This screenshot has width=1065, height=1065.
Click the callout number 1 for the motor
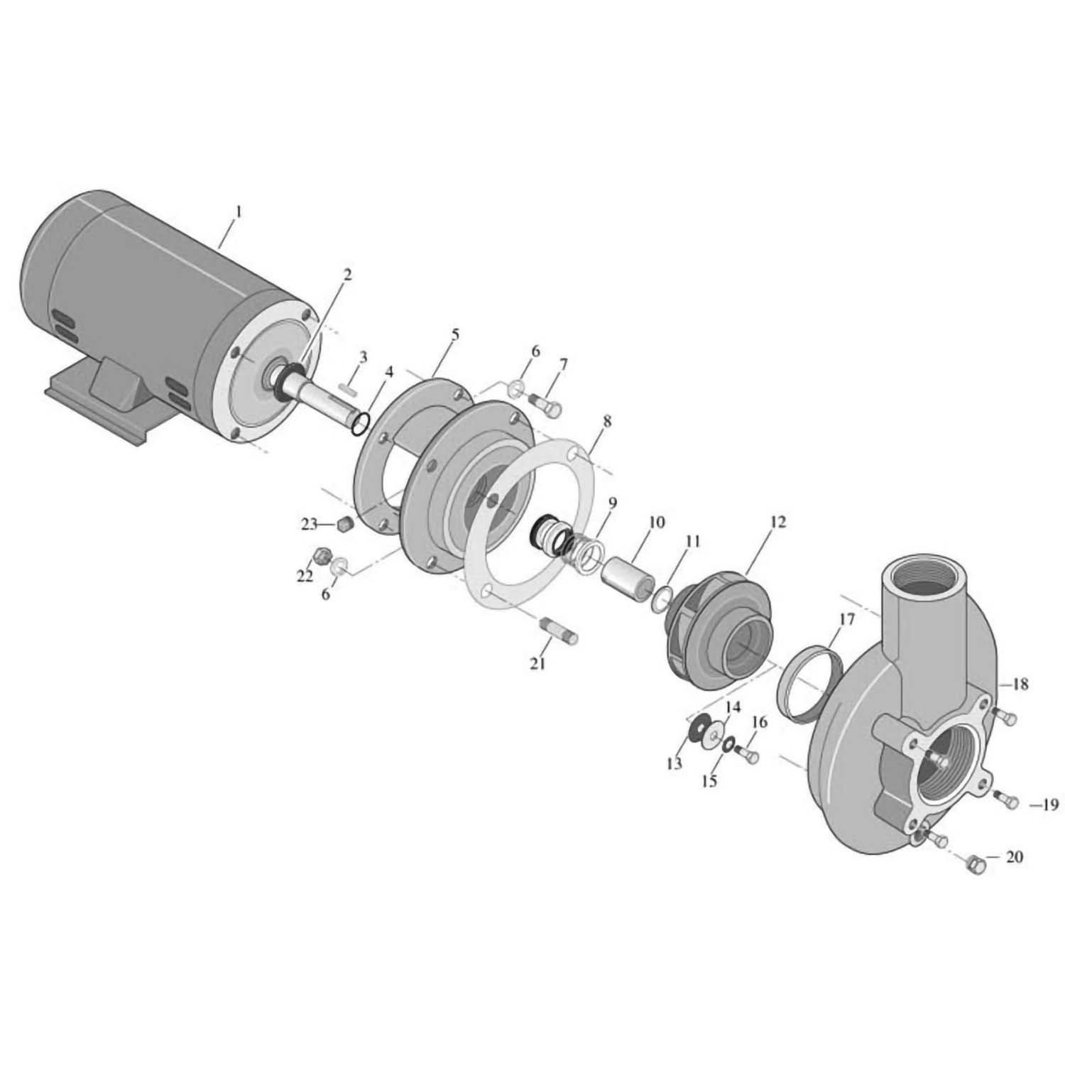pos(239,212)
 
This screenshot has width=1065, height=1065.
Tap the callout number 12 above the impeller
pos(777,522)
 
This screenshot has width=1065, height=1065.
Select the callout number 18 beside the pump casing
pos(1020,684)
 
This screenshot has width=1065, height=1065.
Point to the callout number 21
pos(537,663)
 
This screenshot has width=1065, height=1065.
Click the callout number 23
pos(309,525)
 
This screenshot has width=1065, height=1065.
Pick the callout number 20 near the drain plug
pos(1015,857)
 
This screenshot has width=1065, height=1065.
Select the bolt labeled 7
pos(547,405)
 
